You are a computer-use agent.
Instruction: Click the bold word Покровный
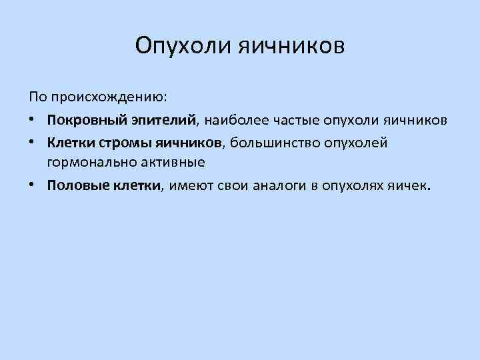point(82,121)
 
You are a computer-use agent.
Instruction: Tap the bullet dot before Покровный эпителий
point(33,121)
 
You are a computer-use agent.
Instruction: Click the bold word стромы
point(127,143)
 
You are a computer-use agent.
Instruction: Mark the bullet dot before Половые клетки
point(33,186)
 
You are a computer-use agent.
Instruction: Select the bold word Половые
point(75,186)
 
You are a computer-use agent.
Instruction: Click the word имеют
point(190,186)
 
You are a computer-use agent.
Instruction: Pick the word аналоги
point(279,186)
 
